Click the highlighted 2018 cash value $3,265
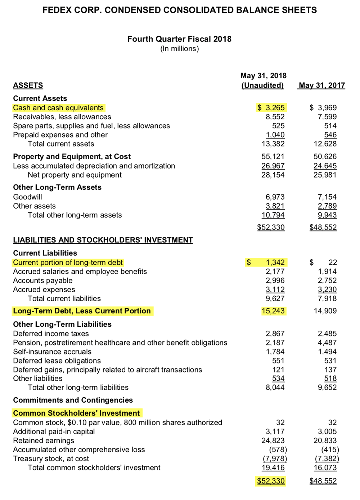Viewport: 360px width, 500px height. tap(271, 108)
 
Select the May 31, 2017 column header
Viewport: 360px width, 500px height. tap(322, 85)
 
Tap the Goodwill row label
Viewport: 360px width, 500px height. tap(27, 197)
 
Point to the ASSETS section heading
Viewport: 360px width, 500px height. tap(28, 85)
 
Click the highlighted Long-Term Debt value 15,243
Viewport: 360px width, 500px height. tap(273, 311)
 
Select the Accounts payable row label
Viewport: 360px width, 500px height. tap(42, 281)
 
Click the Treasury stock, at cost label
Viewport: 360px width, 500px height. tap(51, 459)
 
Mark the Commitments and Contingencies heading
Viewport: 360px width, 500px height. tap(73, 400)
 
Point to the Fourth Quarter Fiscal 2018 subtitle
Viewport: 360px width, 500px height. tap(179, 39)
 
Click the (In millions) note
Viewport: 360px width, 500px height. tap(179, 49)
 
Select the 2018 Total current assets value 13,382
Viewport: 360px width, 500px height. tap(273, 144)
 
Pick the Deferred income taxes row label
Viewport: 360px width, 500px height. tap(51, 334)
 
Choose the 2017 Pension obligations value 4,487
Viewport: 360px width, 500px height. tap(327, 343)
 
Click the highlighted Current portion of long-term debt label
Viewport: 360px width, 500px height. tap(68, 263)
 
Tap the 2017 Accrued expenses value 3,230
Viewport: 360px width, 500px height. tap(327, 290)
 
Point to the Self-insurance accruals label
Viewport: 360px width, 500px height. tap(52, 352)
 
